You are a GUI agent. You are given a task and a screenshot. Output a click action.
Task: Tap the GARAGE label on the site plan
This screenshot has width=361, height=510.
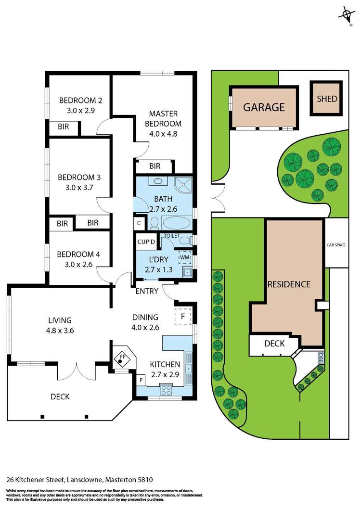tap(264, 107)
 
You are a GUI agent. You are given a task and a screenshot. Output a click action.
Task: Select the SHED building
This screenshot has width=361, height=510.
tap(327, 99)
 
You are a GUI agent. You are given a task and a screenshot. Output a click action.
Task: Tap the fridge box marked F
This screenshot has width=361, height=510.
tap(182, 317)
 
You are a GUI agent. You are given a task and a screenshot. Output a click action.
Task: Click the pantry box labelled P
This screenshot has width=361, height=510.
tap(142, 380)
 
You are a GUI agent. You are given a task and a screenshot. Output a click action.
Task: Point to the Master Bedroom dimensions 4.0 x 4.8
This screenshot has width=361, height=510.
tap(163, 134)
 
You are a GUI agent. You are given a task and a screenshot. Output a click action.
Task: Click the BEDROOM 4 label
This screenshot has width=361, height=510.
tap(78, 255)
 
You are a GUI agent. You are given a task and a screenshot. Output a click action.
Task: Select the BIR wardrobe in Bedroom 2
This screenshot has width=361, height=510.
tap(63, 128)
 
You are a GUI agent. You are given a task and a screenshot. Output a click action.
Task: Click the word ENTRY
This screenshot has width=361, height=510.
tap(147, 291)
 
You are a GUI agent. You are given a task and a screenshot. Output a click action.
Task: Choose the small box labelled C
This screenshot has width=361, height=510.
tap(139, 223)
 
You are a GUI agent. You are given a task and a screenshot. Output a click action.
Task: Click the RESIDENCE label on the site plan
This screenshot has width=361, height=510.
tap(289, 284)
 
